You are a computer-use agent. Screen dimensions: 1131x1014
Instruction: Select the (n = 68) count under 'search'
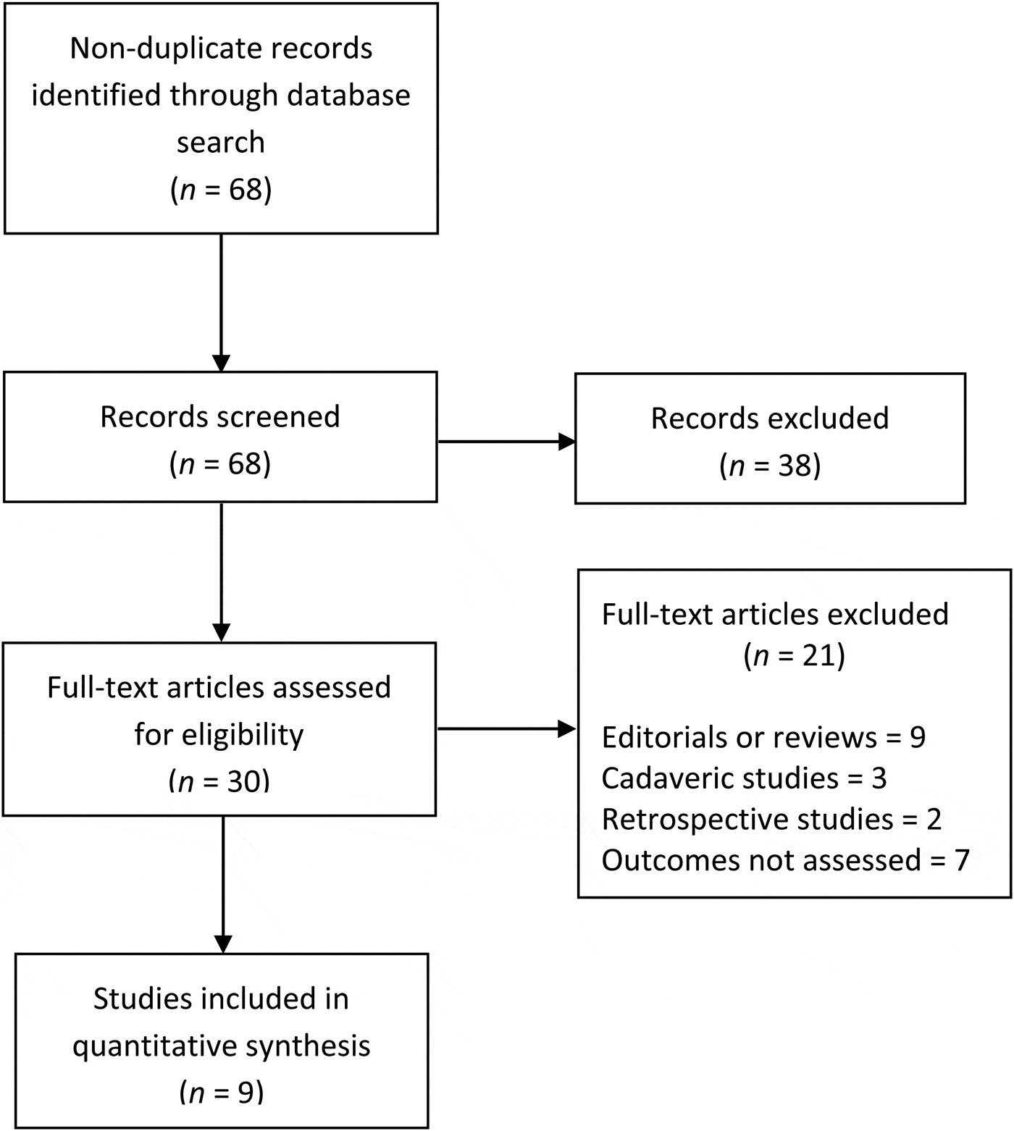tap(221, 190)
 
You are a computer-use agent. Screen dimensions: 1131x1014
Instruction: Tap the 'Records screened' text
tap(220, 417)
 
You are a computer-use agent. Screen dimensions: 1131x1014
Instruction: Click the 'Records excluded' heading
tap(770, 419)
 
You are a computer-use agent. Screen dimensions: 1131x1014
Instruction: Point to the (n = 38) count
tap(770, 466)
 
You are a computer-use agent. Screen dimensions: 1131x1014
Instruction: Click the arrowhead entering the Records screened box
tap(221, 363)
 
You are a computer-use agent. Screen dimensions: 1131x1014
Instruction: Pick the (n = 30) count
tap(219, 782)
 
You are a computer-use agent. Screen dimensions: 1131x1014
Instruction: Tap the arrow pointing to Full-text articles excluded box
tap(507, 729)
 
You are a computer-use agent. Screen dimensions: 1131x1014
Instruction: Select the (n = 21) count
tap(794, 656)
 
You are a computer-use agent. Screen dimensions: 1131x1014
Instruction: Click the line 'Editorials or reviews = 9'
tap(763, 737)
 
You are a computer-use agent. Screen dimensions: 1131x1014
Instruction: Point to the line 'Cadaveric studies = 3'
tap(744, 778)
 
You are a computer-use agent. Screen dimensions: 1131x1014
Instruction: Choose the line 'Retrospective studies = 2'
tap(771, 819)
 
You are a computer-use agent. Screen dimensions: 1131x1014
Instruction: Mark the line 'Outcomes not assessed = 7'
tap(785, 860)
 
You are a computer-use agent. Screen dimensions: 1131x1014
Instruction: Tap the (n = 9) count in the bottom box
tap(221, 1093)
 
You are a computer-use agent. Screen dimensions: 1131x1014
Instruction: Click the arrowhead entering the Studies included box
tap(222, 943)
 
